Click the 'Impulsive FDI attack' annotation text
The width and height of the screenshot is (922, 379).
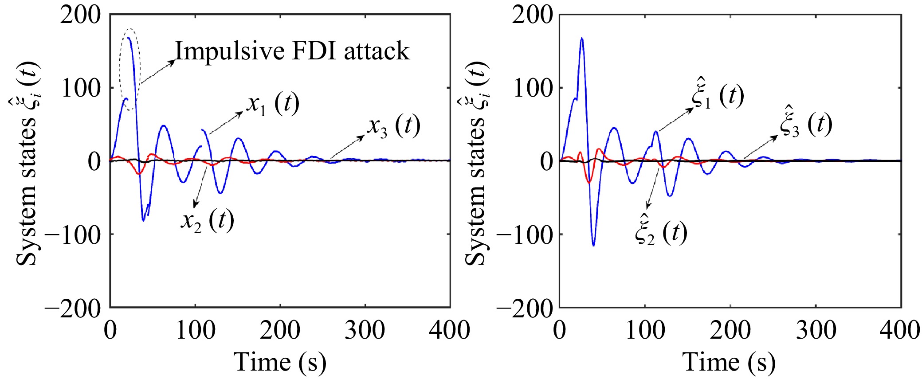[292, 51]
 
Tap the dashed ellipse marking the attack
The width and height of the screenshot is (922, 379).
[130, 70]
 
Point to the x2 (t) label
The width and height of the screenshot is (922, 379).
[207, 220]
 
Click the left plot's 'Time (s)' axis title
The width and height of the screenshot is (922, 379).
[280, 362]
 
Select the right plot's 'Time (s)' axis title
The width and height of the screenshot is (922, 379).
[729, 362]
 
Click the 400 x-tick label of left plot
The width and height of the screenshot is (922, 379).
[449, 331]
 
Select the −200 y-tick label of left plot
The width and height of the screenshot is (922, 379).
[73, 307]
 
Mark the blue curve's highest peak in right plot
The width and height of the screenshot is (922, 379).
[581, 38]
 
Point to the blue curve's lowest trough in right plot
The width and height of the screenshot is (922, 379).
[593, 245]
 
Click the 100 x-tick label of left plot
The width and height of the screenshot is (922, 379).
[195, 331]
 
